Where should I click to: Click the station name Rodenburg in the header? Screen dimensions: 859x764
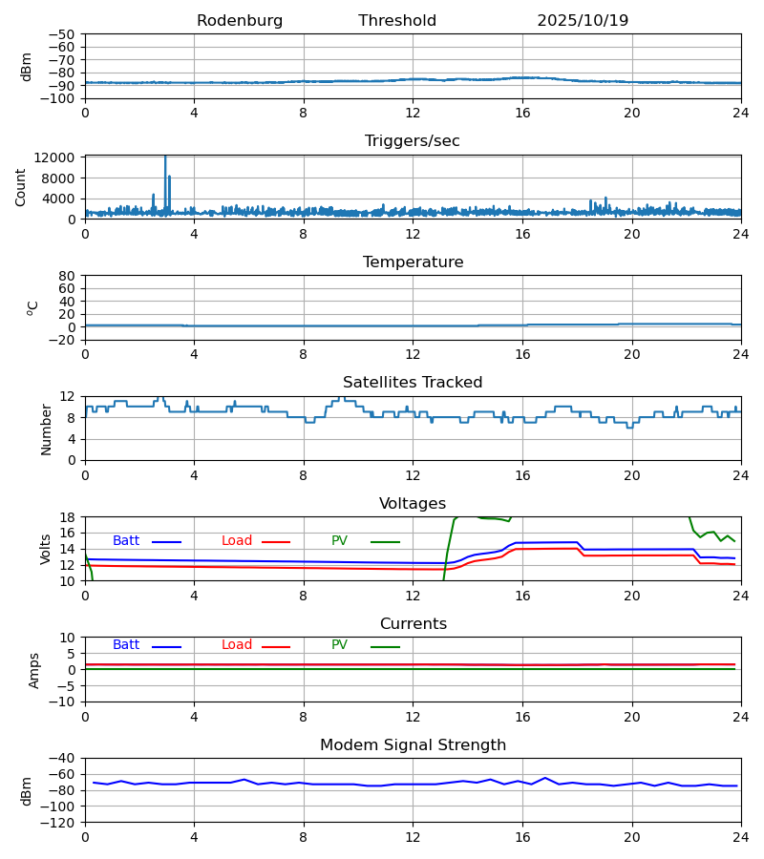click(x=240, y=21)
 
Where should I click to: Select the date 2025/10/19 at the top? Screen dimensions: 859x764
click(x=583, y=21)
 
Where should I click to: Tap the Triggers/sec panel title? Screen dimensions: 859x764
click(x=413, y=141)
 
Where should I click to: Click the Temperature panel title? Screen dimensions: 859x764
click(x=413, y=262)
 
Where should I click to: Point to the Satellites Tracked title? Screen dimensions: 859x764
click(x=413, y=383)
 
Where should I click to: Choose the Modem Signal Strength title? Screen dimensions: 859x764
click(x=413, y=745)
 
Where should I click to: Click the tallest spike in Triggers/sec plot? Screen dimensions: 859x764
click(x=165, y=157)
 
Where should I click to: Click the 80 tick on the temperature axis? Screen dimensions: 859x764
click(x=67, y=276)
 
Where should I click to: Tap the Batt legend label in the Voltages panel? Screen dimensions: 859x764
click(x=126, y=541)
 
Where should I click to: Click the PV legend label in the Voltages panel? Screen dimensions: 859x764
click(x=339, y=541)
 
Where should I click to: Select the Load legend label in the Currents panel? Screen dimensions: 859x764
click(x=237, y=645)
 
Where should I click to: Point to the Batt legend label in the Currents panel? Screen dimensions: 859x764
click(x=126, y=645)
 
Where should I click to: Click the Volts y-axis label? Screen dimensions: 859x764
click(x=47, y=549)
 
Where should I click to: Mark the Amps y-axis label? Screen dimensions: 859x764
click(x=34, y=670)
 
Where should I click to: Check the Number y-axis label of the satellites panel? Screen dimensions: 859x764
click(x=47, y=429)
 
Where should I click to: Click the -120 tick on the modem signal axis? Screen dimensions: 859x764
click(x=60, y=822)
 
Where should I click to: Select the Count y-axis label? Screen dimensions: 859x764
click(x=21, y=187)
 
